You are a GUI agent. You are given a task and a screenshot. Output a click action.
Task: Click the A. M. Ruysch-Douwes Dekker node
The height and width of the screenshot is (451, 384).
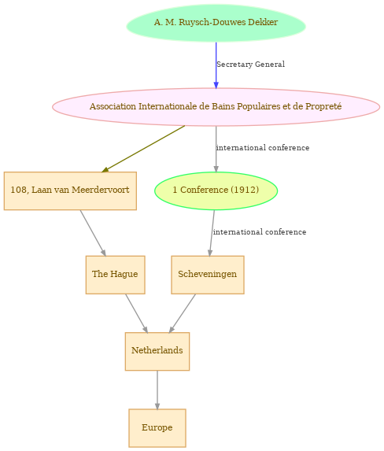pyautogui.click(x=216, y=23)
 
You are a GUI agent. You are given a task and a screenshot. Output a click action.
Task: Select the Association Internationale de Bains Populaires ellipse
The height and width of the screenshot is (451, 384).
pyautogui.click(x=216, y=107)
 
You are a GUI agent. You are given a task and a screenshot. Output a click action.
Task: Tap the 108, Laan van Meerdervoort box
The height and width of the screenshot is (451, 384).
pyautogui.click(x=70, y=191)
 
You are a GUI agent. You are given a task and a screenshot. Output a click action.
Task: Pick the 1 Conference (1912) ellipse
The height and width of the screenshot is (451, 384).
pyautogui.click(x=216, y=191)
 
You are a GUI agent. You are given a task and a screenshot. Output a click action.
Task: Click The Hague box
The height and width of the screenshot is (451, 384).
pyautogui.click(x=115, y=275)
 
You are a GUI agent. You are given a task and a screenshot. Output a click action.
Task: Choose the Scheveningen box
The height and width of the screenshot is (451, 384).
pyautogui.click(x=208, y=275)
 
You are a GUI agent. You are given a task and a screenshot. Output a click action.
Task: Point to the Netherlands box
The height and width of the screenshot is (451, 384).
pyautogui.click(x=157, y=351)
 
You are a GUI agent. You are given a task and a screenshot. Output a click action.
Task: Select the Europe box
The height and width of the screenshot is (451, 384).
pyautogui.click(x=157, y=428)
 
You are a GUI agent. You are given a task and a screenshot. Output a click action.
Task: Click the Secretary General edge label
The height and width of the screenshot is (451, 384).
pyautogui.click(x=250, y=64)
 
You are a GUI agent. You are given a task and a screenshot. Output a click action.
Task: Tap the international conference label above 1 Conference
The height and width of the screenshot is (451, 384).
pyautogui.click(x=263, y=148)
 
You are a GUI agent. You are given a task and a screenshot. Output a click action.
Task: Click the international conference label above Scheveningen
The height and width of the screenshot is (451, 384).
pyautogui.click(x=260, y=232)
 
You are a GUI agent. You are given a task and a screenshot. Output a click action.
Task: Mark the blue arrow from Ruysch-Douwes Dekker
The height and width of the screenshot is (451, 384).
pyautogui.click(x=216, y=65)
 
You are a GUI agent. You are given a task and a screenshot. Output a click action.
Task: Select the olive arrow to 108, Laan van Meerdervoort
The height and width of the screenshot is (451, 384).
pyautogui.click(x=143, y=149)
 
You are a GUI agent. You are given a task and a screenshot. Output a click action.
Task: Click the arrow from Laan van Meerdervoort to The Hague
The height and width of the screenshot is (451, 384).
pyautogui.click(x=93, y=233)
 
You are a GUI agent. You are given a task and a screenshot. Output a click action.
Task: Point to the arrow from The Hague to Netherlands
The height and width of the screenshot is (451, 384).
pyautogui.click(x=137, y=313)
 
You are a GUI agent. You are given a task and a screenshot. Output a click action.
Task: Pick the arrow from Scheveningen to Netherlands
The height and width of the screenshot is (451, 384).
pyautogui.click(x=182, y=313)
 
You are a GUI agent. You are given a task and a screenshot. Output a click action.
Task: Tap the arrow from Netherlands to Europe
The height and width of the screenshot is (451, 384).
pyautogui.click(x=157, y=390)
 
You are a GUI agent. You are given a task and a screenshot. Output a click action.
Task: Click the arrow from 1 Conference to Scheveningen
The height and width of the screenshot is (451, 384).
pyautogui.click(x=212, y=233)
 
